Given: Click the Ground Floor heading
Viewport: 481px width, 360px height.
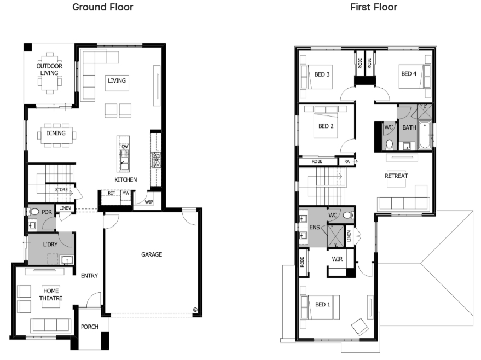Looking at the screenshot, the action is click(x=103, y=7).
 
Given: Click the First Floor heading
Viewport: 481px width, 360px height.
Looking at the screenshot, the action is click(x=374, y=7).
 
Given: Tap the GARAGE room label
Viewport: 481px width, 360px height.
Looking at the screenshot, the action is click(x=152, y=254).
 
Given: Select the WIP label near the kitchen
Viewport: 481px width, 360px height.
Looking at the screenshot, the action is click(x=149, y=202).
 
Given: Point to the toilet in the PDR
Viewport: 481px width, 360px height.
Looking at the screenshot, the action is click(x=34, y=212).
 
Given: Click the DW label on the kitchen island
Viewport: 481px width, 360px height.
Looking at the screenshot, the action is click(x=125, y=147).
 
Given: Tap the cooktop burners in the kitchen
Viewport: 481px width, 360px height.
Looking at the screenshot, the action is click(x=156, y=159).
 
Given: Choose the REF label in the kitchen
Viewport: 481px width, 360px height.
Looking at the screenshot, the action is click(x=111, y=193).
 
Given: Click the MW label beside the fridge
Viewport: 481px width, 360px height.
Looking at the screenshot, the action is click(x=125, y=193).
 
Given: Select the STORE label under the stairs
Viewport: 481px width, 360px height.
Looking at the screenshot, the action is click(x=61, y=189).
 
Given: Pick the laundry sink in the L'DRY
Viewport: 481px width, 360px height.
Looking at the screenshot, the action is click(x=67, y=260).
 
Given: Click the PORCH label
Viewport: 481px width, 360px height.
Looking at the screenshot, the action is click(x=90, y=327).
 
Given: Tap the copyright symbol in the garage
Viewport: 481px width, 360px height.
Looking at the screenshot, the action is click(x=195, y=310).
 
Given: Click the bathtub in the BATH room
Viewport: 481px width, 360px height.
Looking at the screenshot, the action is click(x=425, y=135).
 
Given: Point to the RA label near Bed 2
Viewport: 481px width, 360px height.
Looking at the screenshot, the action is click(x=346, y=161).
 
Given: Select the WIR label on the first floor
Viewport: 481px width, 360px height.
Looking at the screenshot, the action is click(x=337, y=259).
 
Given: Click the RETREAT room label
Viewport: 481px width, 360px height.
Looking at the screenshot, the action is click(x=396, y=176).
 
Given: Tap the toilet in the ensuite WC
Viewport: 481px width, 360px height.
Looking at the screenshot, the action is click(x=347, y=215).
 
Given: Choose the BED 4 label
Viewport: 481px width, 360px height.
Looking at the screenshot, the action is click(x=409, y=74).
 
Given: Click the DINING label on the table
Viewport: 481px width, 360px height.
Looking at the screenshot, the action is click(x=56, y=133).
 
